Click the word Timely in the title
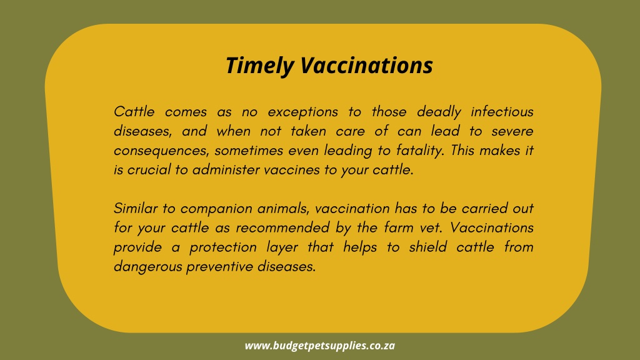pos(259,66)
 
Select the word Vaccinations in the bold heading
pos(366,65)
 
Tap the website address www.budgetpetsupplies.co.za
pos(320,346)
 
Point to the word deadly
pos(439,112)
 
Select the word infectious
pos(502,111)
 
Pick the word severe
pos(512,131)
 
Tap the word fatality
pos(419,151)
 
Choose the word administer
pos(226,170)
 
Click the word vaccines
pos(291,170)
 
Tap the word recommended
pos(282,227)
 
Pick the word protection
pos(223,247)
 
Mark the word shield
pos(427,247)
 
